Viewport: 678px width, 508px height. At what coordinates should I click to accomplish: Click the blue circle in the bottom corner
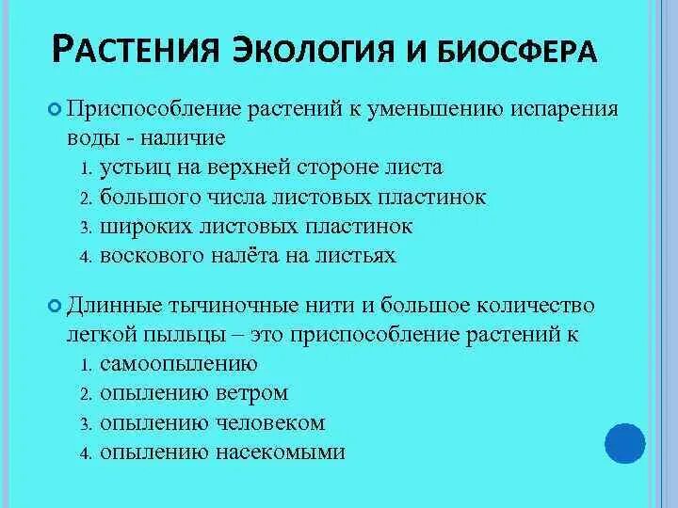623,445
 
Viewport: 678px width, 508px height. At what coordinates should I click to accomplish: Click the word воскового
146,255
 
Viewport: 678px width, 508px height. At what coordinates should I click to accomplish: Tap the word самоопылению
178,363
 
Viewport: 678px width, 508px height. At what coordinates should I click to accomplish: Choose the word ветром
256,392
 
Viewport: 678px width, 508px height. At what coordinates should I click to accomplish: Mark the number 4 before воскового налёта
85,256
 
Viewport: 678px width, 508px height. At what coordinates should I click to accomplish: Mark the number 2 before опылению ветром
85,393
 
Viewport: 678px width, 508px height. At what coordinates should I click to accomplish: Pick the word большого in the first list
142,197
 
